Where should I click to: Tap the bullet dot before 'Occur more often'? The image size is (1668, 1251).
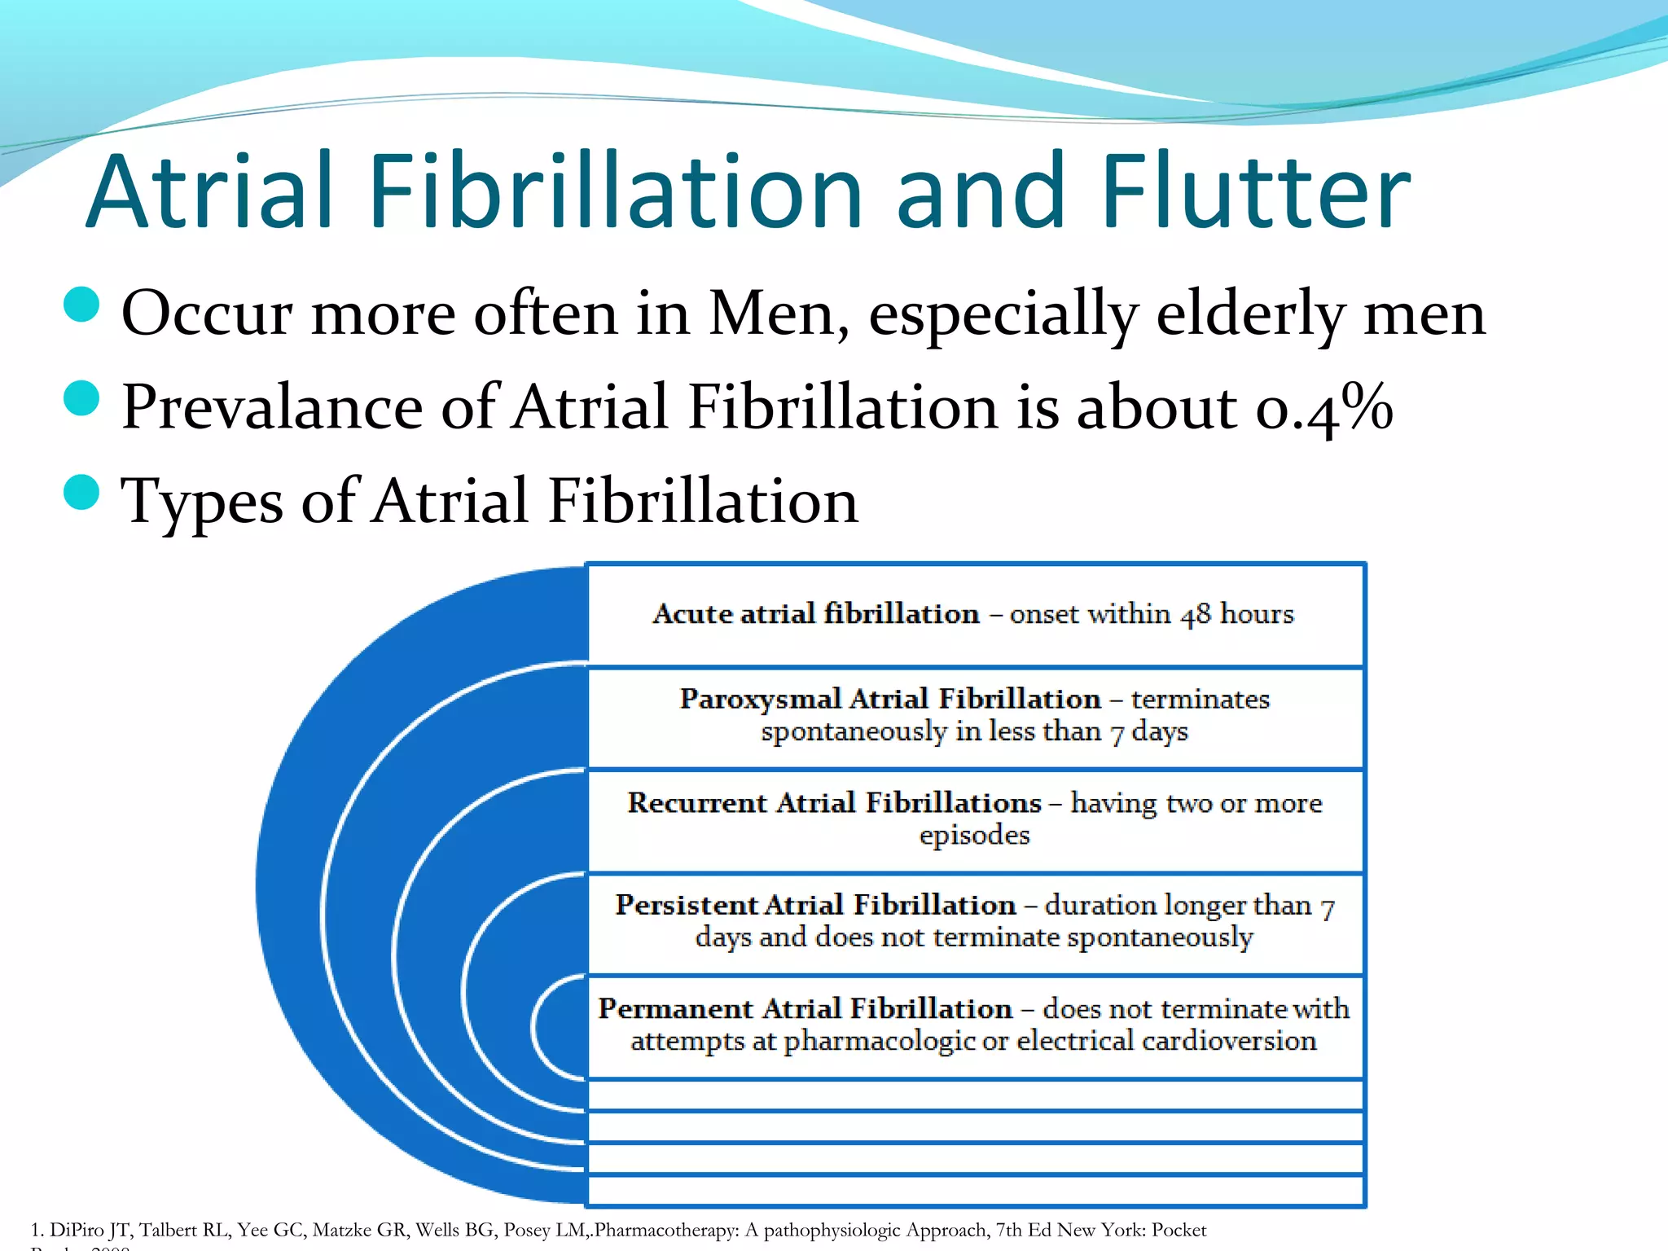pos(81,305)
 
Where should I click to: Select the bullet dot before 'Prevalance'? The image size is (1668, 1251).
pos(81,398)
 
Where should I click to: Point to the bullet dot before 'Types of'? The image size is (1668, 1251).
pos(81,492)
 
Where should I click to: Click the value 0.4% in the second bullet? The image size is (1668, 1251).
pos(1324,406)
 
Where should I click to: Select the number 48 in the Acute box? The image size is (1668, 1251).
pos(1196,614)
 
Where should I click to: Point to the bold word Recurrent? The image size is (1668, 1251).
pos(696,803)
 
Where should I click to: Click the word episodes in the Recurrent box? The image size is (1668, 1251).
pos(974,836)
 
